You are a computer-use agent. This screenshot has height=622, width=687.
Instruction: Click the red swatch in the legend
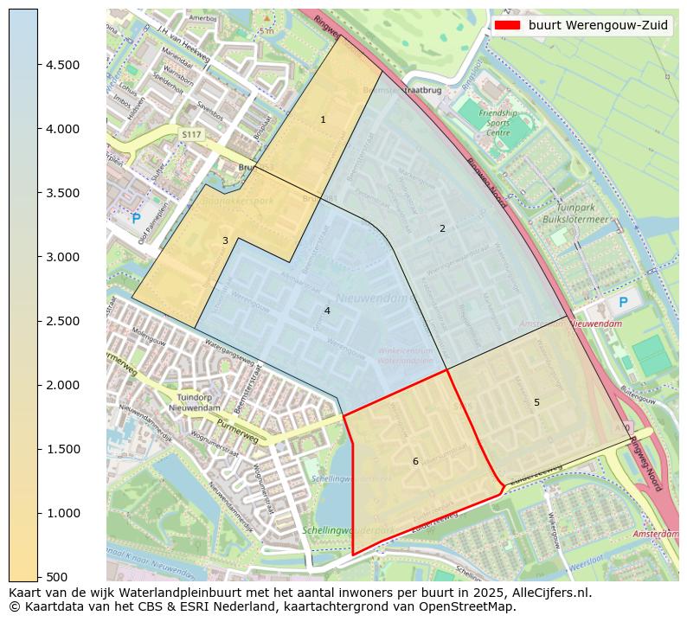(x=507, y=25)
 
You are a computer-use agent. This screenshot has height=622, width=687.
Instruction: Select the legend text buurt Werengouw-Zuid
(x=598, y=25)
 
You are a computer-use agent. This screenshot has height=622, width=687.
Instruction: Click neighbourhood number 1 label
(x=323, y=119)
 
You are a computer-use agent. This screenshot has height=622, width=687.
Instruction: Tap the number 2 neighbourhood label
(x=442, y=228)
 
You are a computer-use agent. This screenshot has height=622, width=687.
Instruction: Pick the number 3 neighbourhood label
(x=225, y=240)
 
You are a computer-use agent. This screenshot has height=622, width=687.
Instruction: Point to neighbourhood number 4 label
(x=327, y=311)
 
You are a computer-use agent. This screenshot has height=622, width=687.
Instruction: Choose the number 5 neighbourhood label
(x=536, y=402)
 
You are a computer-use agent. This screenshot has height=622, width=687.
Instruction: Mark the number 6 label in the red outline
(x=415, y=461)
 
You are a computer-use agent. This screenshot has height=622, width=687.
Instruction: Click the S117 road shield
(x=191, y=135)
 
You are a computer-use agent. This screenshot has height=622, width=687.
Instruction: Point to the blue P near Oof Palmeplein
(x=136, y=219)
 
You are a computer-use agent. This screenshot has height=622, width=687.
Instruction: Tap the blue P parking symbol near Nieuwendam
(x=623, y=303)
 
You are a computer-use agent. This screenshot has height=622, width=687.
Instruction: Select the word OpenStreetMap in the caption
(x=468, y=606)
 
